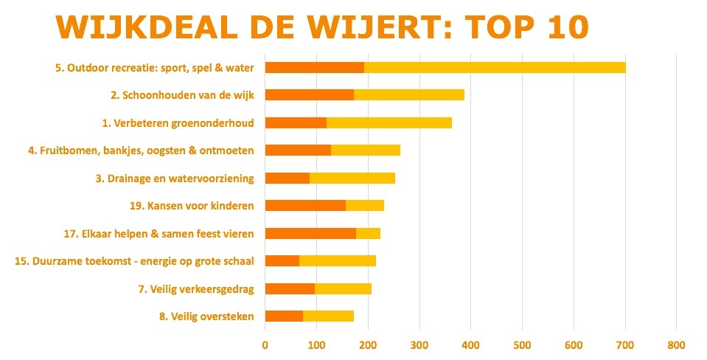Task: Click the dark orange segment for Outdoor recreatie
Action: (314, 67)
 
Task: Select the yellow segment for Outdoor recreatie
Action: (495, 67)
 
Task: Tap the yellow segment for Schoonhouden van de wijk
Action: (409, 94)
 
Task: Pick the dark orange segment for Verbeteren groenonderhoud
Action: (296, 122)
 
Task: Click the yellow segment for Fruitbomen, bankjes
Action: (366, 150)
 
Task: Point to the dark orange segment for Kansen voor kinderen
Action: (305, 205)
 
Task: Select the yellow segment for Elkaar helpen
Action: (368, 233)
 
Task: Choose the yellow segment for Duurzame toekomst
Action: (338, 260)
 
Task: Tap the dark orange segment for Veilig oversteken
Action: (284, 316)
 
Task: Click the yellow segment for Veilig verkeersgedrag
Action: (344, 288)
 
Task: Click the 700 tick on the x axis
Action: (574, 345)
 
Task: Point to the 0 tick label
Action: (265, 345)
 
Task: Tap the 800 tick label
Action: (676, 345)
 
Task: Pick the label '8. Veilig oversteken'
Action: (206, 316)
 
